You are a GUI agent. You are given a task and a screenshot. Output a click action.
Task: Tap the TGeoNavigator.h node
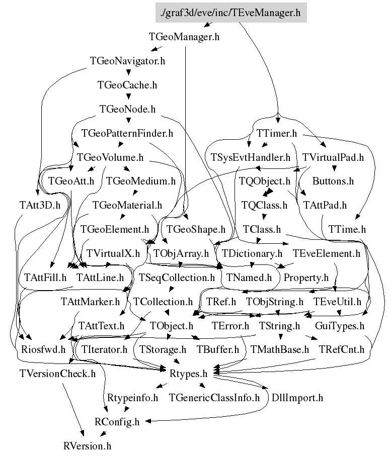coord(128,61)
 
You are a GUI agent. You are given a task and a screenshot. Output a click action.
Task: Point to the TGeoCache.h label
coord(127,85)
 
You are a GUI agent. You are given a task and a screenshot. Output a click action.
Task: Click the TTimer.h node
coord(277,134)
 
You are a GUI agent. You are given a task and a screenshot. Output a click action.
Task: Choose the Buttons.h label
coord(333,181)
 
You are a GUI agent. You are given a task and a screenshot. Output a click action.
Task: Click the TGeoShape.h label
coord(196,229)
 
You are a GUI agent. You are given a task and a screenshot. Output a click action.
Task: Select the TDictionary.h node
coord(252,253)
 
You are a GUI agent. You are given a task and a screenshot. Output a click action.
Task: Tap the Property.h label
coord(306,277)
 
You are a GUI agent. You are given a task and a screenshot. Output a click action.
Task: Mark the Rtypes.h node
coord(191,373)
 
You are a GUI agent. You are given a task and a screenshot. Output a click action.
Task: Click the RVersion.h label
coord(87,445)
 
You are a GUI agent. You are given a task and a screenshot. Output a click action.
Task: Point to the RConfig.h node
coord(117,421)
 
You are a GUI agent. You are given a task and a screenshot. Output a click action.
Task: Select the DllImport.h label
coord(297,398)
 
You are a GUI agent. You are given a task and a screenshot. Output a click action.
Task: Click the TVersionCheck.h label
coord(57,373)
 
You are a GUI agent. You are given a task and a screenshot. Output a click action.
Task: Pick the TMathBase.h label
coord(280,349)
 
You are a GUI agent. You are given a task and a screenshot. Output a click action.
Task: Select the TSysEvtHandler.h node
coord(251,157)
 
